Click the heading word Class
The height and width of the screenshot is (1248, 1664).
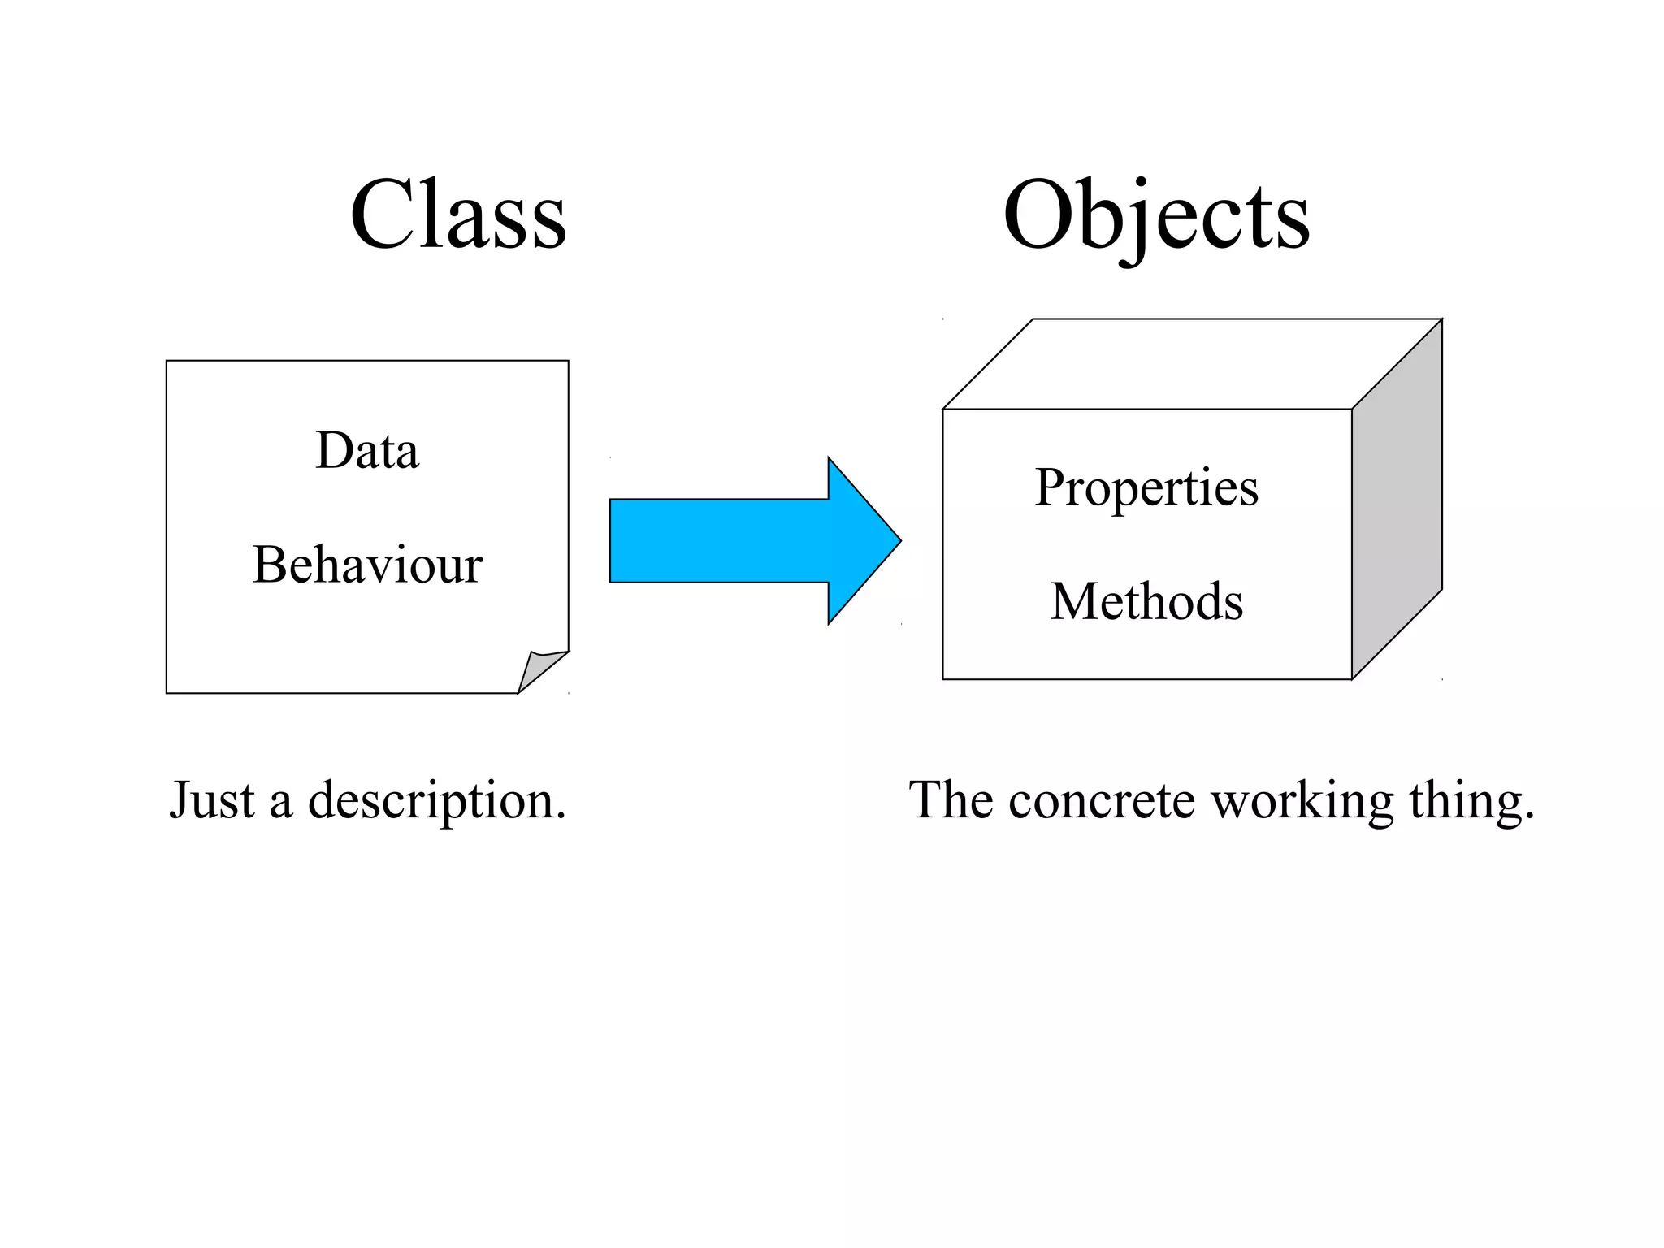(457, 215)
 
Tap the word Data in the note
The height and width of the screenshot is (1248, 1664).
(367, 451)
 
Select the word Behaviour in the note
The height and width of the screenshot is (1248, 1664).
(367, 565)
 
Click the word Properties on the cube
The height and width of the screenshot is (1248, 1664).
(1146, 489)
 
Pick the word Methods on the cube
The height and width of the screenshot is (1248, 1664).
(1146, 602)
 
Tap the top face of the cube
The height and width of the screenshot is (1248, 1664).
(1192, 363)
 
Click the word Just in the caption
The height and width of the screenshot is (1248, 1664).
(212, 800)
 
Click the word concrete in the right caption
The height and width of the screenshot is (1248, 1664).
(1101, 800)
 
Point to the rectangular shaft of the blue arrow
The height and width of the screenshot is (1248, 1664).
(719, 540)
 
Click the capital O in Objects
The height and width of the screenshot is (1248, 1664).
(1041, 215)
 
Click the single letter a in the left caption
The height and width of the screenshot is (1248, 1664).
(281, 804)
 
